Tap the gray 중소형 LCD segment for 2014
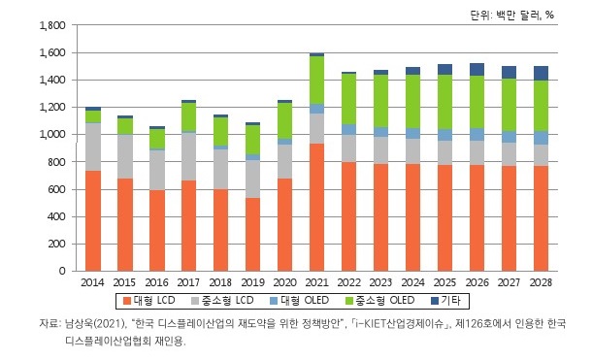(93, 147)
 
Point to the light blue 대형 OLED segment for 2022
(348, 129)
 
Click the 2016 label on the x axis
(157, 281)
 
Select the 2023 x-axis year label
(380, 281)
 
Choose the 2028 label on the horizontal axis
(541, 281)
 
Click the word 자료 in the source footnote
(50, 323)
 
